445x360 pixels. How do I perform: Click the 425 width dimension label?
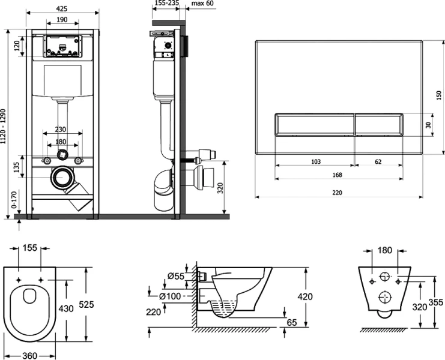[62, 9]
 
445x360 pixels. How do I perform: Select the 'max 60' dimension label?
[202, 4]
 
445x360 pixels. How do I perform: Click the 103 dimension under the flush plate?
[316, 161]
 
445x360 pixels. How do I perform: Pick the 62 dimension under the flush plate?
[378, 161]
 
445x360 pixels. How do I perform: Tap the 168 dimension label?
[337, 175]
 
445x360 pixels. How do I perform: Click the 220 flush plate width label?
[337, 193]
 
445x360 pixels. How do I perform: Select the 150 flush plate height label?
[439, 95]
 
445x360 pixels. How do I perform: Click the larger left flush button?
[315, 125]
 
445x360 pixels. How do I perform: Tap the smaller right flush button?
[379, 125]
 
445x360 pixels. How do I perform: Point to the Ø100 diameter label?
[170, 296]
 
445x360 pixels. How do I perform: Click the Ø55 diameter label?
[176, 276]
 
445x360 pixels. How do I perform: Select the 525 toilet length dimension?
[86, 304]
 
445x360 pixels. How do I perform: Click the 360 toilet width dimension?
[29, 355]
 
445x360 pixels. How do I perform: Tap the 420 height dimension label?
[305, 297]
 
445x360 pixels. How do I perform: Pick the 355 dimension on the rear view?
[435, 302]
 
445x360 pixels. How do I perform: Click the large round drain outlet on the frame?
[62, 177]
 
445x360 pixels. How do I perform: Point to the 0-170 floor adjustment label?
[14, 200]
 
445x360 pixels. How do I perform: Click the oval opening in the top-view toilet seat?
[29, 296]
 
